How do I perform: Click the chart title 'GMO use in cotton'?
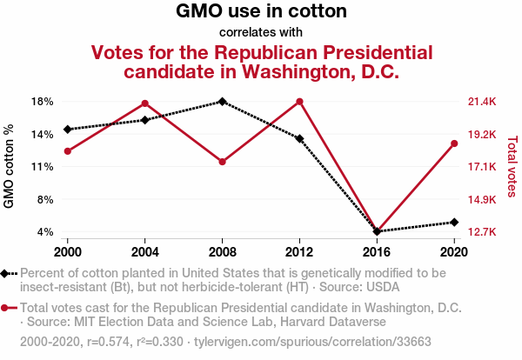point(261,12)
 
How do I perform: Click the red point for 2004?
point(145,103)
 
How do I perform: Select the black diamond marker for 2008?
point(223,102)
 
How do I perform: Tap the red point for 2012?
point(299,102)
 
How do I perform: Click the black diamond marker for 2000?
point(68,130)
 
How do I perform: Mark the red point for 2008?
point(223,162)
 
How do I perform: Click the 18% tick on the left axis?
point(43,102)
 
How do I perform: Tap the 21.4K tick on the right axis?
point(481,102)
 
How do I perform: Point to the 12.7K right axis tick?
point(481,232)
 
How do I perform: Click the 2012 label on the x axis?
point(299,252)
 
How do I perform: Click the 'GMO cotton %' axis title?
point(10,166)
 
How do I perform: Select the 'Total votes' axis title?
point(512,166)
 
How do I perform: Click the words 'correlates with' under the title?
point(261,33)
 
